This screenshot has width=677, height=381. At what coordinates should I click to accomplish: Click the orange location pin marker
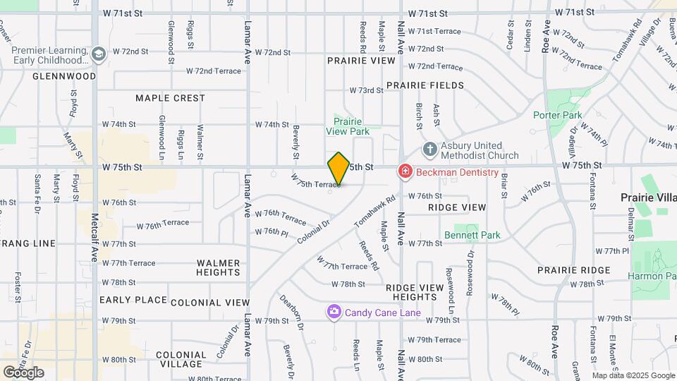pyautogui.click(x=339, y=169)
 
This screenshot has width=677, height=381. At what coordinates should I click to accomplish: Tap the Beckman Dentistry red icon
pyautogui.click(x=405, y=171)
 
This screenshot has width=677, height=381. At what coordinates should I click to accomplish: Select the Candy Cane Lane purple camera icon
pyautogui.click(x=334, y=312)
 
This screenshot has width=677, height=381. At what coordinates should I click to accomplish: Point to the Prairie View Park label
pyautogui.click(x=347, y=126)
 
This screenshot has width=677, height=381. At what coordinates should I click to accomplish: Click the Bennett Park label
pyautogui.click(x=472, y=235)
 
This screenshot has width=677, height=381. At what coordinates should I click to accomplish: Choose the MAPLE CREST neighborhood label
pyautogui.click(x=170, y=98)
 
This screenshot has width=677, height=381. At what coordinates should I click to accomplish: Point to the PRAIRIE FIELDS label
pyautogui.click(x=425, y=85)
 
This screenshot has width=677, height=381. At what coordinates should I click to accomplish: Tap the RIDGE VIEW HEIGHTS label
pyautogui.click(x=415, y=292)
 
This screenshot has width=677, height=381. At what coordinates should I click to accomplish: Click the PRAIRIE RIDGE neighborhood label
pyautogui.click(x=573, y=270)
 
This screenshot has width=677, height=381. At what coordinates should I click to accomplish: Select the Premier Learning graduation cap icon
pyautogui.click(x=98, y=53)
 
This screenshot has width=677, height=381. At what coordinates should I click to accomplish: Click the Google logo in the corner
pyautogui.click(x=23, y=372)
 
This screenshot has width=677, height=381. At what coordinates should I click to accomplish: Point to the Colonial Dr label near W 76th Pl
pyautogui.click(x=314, y=232)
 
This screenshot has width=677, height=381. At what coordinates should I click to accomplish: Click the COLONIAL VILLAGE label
pyautogui.click(x=181, y=360)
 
